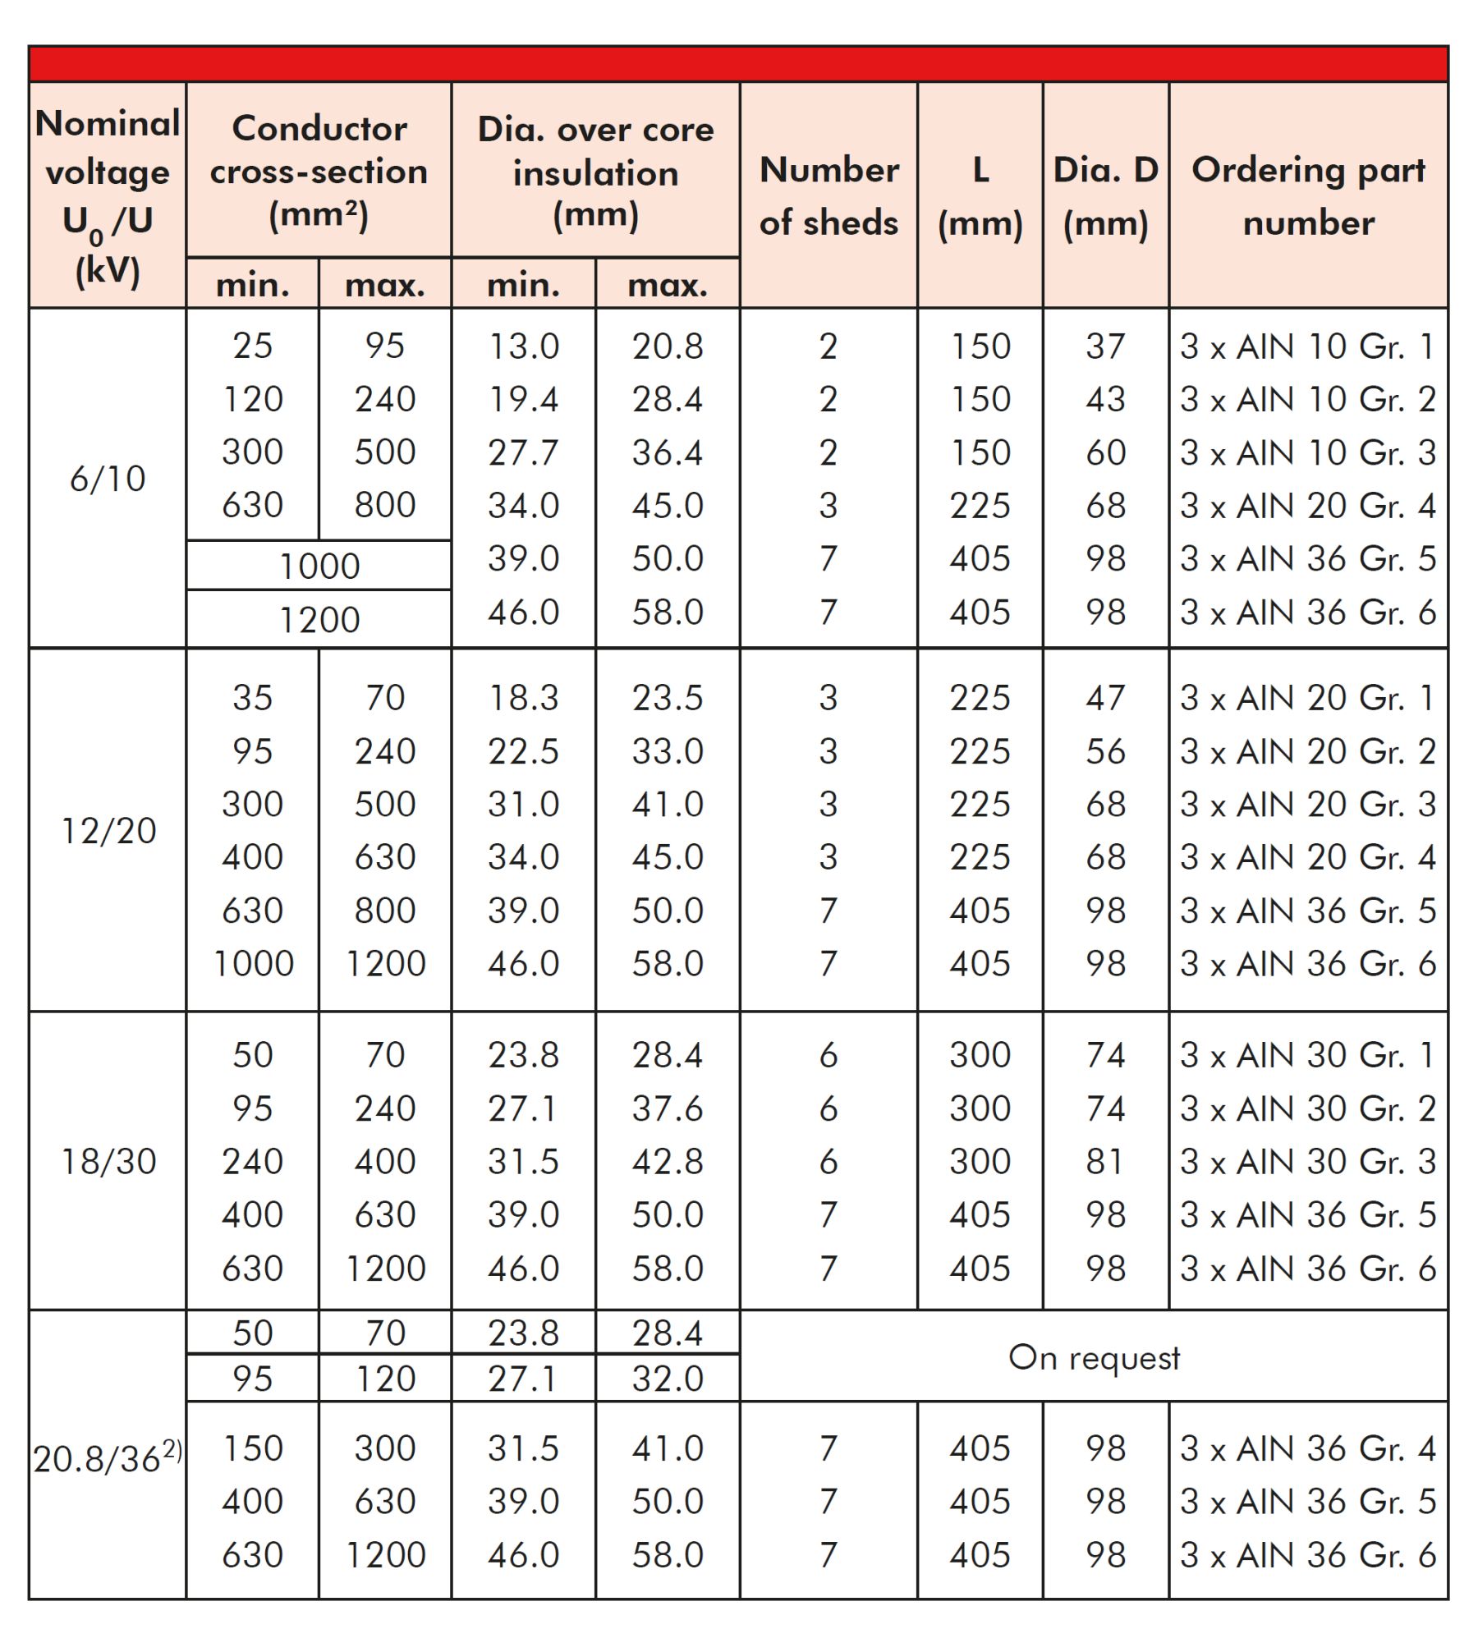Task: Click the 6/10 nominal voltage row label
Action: click(108, 479)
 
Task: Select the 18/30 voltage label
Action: click(108, 1162)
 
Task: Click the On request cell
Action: click(1094, 1357)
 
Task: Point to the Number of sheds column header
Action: click(829, 195)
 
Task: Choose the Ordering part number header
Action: click(1308, 195)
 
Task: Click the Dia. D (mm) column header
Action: click(1105, 195)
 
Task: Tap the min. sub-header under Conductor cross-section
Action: click(252, 285)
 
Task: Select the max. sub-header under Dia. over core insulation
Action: click(668, 285)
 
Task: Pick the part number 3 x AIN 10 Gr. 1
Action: click(1307, 346)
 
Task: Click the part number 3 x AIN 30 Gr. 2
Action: click(1307, 1108)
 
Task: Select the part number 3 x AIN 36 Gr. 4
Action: click(1307, 1448)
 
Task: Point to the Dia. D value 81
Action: click(1105, 1162)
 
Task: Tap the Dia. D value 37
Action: click(1105, 346)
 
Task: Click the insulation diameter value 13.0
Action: click(523, 346)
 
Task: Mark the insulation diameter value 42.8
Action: click(668, 1162)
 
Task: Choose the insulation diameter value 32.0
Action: click(668, 1379)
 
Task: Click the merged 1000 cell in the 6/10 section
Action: click(319, 566)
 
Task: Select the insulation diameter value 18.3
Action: click(523, 698)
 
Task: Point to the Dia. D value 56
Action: click(1105, 751)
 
